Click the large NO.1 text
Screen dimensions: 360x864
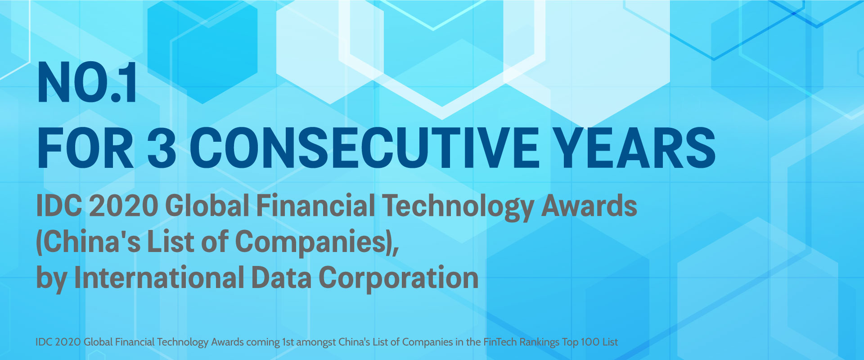(x=87, y=83)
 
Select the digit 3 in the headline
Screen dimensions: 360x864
(x=162, y=148)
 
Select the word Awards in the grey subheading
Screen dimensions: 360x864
(x=589, y=206)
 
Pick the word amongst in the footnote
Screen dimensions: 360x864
(x=316, y=342)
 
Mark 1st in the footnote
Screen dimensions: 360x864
(x=288, y=342)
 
